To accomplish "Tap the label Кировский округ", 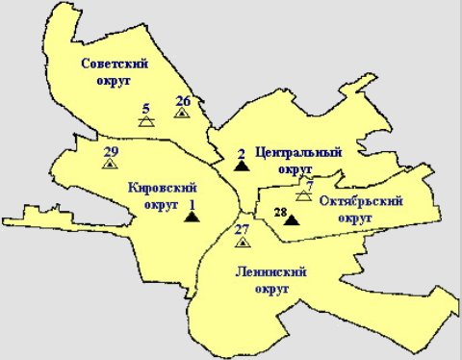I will pyautogui.click(x=155, y=196).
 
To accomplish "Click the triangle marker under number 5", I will pyautogui.click(x=145, y=122).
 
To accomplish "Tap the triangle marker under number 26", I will pyautogui.click(x=181, y=113).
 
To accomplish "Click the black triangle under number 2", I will pyautogui.click(x=242, y=165).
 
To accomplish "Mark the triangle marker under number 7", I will pyautogui.click(x=303, y=195).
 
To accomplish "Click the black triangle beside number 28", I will pyautogui.click(x=292, y=220).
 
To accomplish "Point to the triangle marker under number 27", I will pyautogui.click(x=242, y=241).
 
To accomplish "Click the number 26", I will pyautogui.click(x=183, y=100).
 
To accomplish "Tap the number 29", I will pyautogui.click(x=110, y=151).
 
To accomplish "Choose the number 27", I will pyautogui.click(x=242, y=228).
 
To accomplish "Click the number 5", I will pyautogui.click(x=145, y=108).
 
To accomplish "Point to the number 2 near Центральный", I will pyautogui.click(x=241, y=152).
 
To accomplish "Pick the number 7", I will pyautogui.click(x=309, y=184).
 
